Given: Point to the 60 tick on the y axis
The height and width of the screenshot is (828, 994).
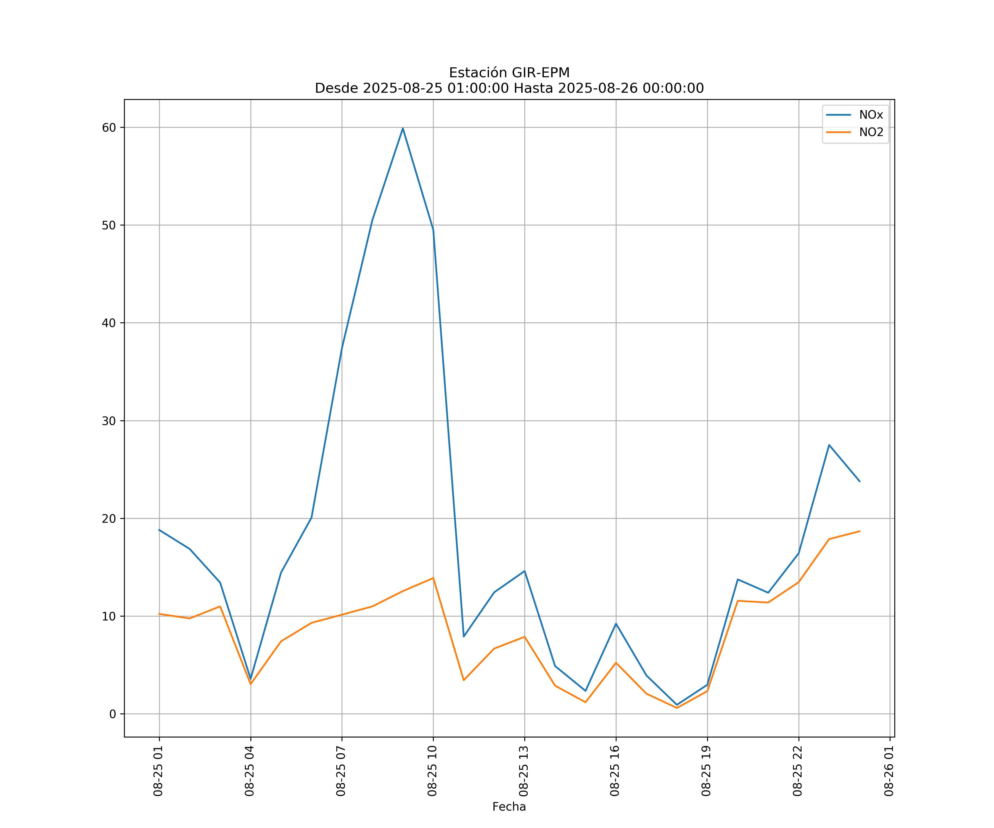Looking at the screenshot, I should pyautogui.click(x=109, y=127).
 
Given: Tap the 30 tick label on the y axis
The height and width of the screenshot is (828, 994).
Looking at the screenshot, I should pyautogui.click(x=109, y=421).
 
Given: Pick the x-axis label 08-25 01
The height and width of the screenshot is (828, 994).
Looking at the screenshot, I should pyautogui.click(x=158, y=771).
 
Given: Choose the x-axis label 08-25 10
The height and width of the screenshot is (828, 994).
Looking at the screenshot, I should pyautogui.click(x=432, y=771).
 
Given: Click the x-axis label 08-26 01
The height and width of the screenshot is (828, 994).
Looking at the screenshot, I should pyautogui.click(x=889, y=771).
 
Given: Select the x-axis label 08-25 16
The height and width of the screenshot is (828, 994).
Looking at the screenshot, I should pyautogui.click(x=615, y=771).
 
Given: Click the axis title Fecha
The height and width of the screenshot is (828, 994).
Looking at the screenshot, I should pyautogui.click(x=509, y=807).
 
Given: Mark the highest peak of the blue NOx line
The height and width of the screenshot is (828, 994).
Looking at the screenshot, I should pyautogui.click(x=403, y=128).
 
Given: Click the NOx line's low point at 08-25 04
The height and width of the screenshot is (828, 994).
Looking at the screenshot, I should pyautogui.click(x=251, y=680).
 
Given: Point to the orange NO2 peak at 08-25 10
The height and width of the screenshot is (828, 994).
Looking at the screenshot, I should pyautogui.click(x=433, y=578).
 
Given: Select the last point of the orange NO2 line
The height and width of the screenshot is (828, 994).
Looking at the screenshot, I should pyautogui.click(x=860, y=531).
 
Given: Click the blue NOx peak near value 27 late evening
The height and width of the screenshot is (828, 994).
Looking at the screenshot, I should pyautogui.click(x=829, y=445).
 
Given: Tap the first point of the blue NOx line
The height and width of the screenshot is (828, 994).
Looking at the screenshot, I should pyautogui.click(x=160, y=530).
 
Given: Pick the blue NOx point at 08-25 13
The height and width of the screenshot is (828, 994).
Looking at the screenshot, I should pyautogui.click(x=524, y=571).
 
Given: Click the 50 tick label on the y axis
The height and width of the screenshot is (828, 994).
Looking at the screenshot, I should pyautogui.click(x=109, y=225).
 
